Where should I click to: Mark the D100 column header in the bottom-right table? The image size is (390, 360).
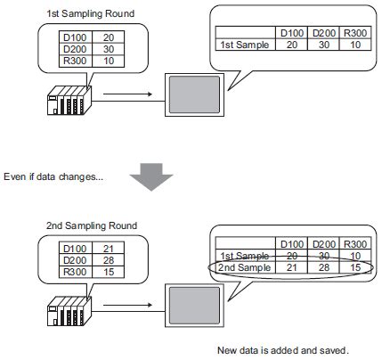(292, 243)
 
